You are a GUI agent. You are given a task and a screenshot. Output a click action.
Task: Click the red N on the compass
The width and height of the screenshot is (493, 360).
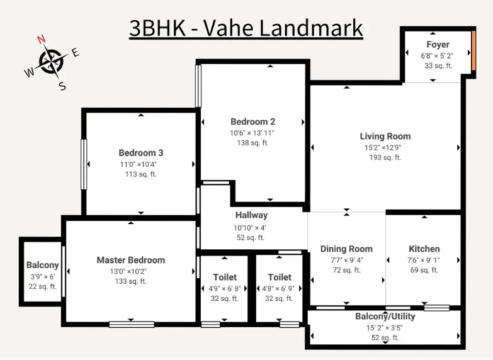[42, 39]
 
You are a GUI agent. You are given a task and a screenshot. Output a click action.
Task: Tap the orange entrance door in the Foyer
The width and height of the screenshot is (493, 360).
[473, 50]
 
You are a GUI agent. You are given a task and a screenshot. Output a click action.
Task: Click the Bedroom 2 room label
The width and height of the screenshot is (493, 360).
[252, 121]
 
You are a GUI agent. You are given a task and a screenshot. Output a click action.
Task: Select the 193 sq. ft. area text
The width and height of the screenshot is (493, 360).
[385, 157]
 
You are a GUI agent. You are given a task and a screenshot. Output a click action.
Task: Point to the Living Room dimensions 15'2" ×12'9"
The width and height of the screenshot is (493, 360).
[383, 147]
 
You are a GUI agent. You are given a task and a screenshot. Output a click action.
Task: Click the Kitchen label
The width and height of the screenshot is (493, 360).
[424, 249]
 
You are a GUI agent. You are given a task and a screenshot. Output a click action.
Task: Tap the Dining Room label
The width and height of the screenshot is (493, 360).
[346, 249]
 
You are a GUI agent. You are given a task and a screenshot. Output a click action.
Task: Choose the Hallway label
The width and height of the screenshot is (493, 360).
[251, 215]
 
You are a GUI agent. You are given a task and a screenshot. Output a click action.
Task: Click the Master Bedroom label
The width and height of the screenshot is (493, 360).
[131, 260]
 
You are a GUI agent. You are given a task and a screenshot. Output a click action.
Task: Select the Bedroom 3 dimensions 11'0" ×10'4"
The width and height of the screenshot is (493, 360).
[139, 164]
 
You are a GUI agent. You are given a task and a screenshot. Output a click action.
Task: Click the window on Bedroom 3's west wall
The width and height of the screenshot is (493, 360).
[84, 164]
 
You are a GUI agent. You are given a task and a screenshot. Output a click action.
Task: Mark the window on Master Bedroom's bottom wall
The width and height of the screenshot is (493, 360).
[132, 324]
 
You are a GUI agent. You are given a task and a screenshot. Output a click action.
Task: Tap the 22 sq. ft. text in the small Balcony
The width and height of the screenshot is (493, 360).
[42, 286]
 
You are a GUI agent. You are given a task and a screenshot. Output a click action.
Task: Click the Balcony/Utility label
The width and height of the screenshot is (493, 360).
[385, 317]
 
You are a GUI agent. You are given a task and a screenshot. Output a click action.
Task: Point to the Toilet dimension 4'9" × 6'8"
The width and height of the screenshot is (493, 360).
[225, 289]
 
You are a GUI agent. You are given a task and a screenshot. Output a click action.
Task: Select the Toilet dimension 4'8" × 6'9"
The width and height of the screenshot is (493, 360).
[278, 289]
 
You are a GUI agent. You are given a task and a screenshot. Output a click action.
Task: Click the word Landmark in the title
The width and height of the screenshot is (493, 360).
[312, 28]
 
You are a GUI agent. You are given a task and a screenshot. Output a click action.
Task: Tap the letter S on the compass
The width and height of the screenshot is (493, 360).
[62, 86]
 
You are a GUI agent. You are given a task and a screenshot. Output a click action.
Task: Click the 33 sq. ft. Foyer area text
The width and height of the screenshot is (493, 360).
[438, 65]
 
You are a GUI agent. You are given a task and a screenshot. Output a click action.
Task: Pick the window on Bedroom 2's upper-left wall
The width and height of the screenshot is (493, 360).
[198, 86]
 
